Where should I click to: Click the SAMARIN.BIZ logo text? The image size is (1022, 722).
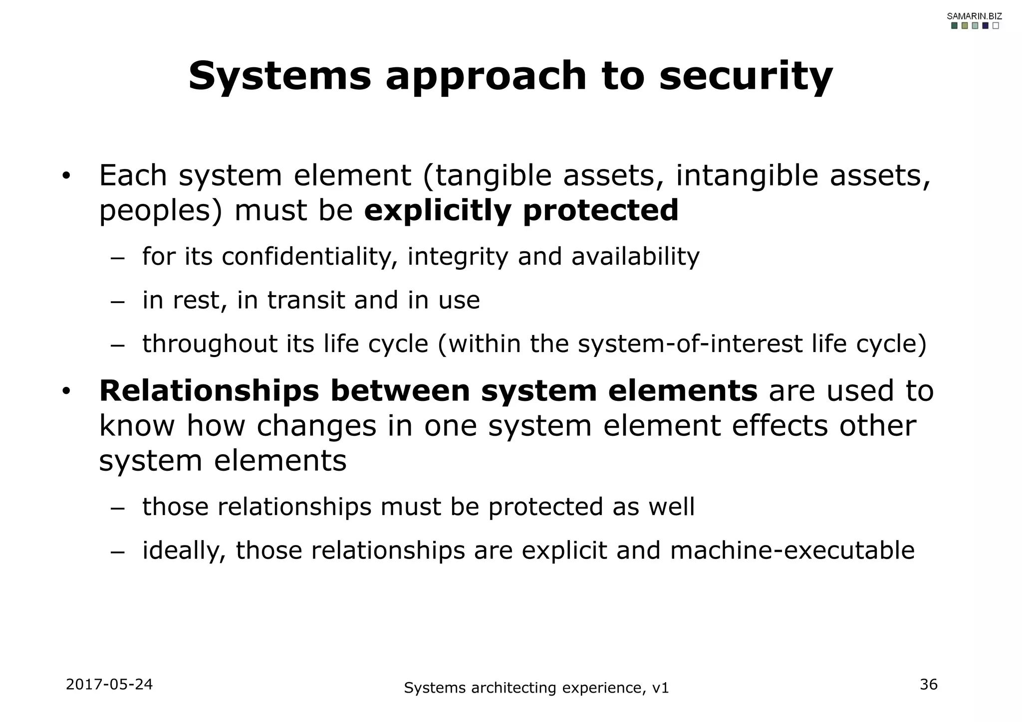[974, 16]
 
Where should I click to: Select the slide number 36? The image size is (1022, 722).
[929, 685]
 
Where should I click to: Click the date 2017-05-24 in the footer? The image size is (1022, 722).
[109, 685]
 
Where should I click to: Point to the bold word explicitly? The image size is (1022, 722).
[438, 210]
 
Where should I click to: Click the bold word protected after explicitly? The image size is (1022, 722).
[600, 210]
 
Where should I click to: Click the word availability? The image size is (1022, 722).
[635, 257]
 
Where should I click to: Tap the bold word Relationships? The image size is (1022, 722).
[209, 390]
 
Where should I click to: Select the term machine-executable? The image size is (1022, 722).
[792, 550]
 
